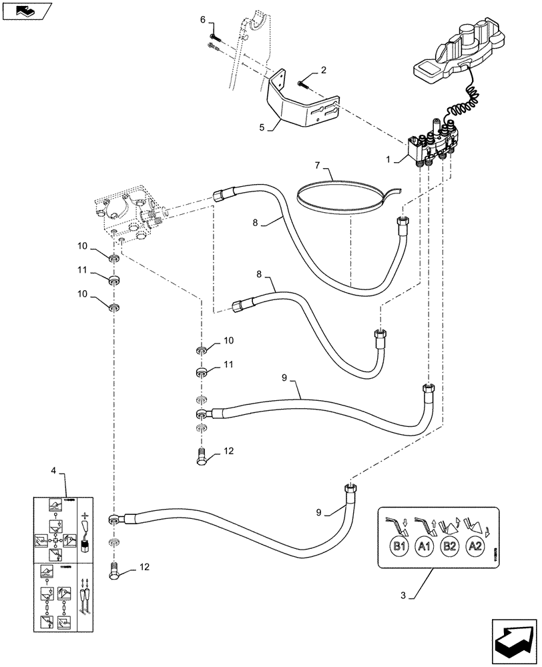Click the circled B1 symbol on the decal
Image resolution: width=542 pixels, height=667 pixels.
tap(399, 547)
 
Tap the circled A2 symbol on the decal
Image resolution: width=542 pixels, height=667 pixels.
tap(474, 547)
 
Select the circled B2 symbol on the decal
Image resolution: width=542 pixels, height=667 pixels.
tap(449, 547)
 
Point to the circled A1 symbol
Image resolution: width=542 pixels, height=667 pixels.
tap(424, 547)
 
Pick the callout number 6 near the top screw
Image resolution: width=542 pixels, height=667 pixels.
tap(202, 21)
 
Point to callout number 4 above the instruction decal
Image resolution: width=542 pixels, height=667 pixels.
tap(53, 472)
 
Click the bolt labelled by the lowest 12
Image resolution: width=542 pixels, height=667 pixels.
tap(113, 571)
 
